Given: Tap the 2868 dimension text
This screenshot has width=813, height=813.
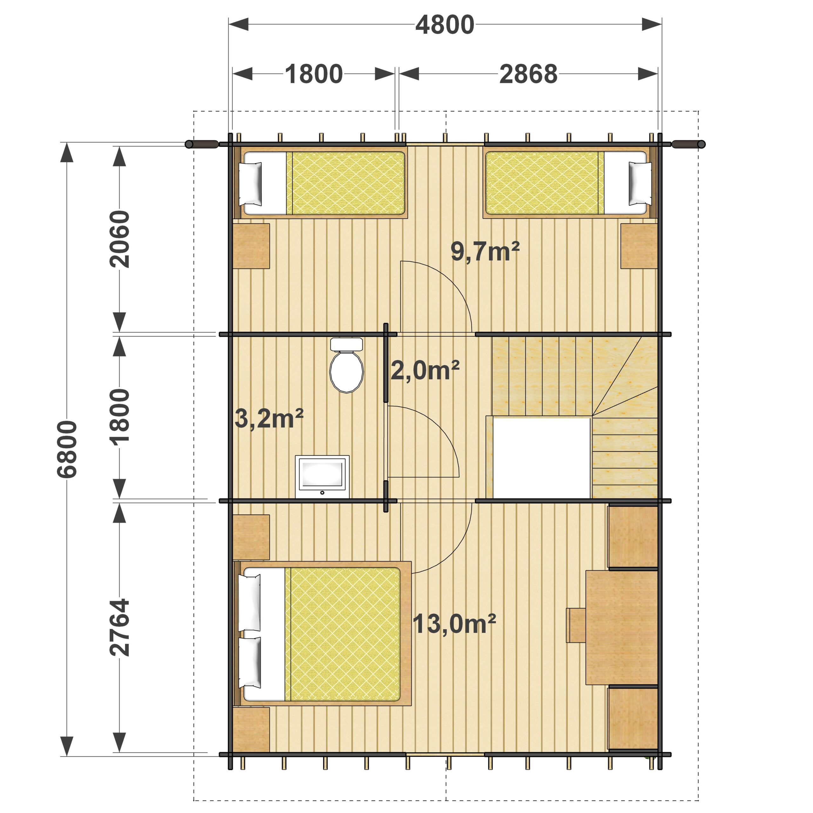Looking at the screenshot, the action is pos(528,74).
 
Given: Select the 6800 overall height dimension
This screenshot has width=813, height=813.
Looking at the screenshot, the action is pos(67,449).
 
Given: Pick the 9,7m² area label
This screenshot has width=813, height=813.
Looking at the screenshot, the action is pos(485,251).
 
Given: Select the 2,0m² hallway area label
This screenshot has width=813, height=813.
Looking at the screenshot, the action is pos(425,371).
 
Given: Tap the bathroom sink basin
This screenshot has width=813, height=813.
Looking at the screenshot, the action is pos(322,476).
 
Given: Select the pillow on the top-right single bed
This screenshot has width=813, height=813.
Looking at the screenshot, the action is pos(640,184).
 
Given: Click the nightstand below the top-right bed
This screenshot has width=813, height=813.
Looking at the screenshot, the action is pos(639,246).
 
